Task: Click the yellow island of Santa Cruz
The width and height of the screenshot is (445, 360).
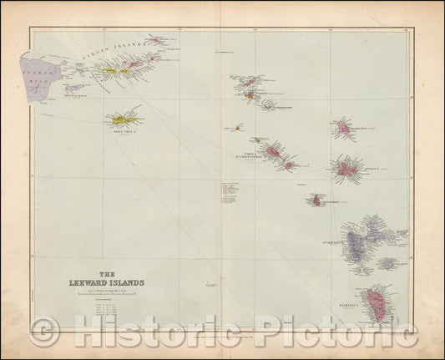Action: point(124,118)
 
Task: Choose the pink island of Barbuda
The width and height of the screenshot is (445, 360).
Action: point(342,128)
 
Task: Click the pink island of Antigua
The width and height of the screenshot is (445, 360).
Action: point(347,169)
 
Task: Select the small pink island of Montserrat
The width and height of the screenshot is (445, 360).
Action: point(317,200)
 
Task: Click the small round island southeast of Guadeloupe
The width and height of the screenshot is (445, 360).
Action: point(387,263)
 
